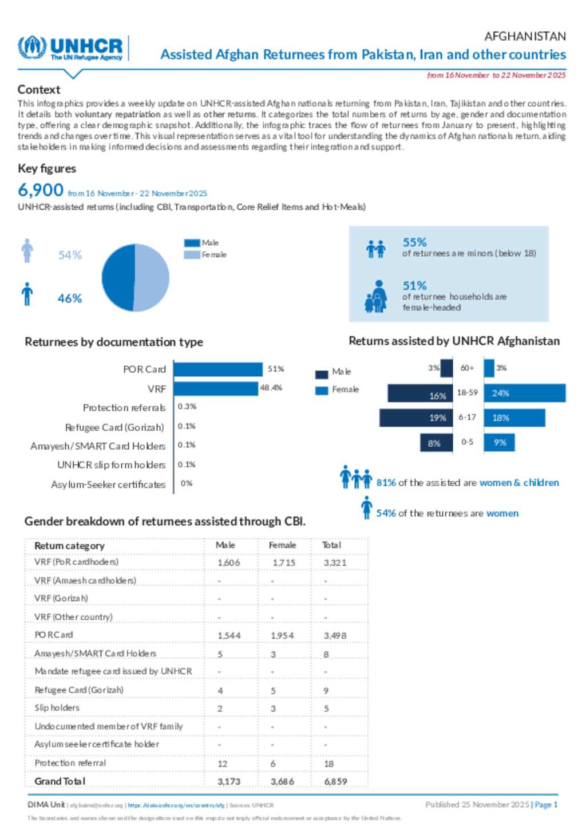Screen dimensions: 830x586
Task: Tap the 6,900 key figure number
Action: [40, 190]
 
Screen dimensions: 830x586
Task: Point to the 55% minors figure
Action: [414, 242]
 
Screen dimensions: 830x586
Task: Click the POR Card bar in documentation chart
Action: [217, 369]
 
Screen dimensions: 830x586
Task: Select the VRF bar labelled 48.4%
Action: [215, 388]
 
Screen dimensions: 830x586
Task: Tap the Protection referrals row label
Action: [124, 408]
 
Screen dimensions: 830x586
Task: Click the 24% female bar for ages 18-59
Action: [524, 394]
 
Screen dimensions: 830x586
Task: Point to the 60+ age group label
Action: [467, 368]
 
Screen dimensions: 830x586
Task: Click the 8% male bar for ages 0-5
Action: [436, 443]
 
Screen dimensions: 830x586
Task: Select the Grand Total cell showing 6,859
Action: [335, 781]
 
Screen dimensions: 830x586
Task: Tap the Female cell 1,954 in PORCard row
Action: [282, 636]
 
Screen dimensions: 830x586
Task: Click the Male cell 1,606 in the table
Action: [228, 563]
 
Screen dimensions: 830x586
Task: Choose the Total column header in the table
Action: [331, 545]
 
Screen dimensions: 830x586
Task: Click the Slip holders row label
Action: [57, 708]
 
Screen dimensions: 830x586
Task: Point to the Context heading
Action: [39, 89]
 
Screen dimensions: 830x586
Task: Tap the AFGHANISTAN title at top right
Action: [525, 37]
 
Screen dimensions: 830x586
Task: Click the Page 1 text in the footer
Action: [546, 805]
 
